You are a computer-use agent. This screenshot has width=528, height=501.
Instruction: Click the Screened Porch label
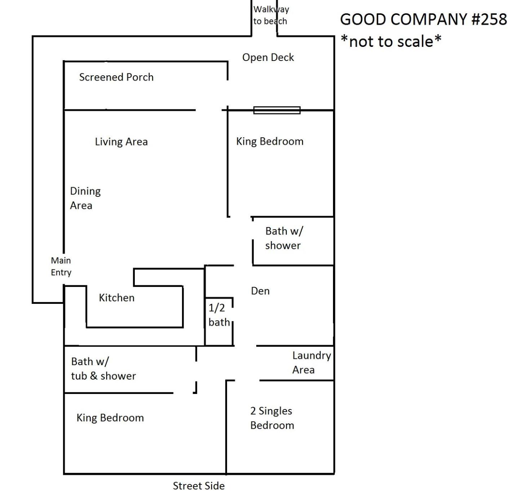(116, 77)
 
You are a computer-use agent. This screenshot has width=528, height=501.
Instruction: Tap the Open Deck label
(268, 58)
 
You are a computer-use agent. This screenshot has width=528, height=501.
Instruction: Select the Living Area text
(121, 142)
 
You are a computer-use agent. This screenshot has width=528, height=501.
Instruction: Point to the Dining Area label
(85, 198)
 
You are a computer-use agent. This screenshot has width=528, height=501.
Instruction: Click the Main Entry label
(61, 266)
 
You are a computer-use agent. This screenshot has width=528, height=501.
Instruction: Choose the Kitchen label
(116, 298)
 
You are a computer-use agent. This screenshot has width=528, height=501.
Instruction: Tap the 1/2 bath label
(219, 315)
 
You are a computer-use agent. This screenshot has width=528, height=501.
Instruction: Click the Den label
(260, 291)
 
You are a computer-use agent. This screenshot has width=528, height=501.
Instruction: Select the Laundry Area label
(311, 363)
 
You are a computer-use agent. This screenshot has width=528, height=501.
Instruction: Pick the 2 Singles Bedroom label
(272, 418)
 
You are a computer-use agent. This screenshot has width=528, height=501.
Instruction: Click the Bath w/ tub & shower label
(103, 369)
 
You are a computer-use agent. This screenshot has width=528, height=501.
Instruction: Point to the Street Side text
(199, 486)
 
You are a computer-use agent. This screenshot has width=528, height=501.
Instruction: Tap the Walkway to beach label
(271, 15)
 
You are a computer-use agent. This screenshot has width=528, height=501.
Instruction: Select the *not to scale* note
(391, 41)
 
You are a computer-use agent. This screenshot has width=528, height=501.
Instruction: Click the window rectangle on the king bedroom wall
(277, 110)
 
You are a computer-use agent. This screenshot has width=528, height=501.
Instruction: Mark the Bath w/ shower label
(284, 238)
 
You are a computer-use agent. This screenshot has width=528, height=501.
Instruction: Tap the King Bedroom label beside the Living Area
(270, 142)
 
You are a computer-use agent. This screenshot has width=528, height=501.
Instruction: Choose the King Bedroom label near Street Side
(110, 418)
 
